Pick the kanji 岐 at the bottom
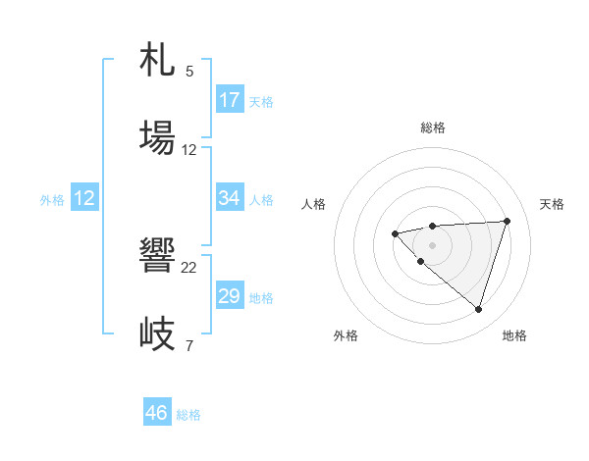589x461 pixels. coord(157,333)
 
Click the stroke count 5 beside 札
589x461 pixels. coord(189,72)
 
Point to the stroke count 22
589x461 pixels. coord(189,267)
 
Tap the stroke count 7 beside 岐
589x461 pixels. coord(189,345)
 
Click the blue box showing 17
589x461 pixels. coord(230,100)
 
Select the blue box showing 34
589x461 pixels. coord(230,198)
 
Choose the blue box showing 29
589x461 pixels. coord(230,296)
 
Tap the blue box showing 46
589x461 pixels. coord(157,413)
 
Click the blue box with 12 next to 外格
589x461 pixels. coord(84,198)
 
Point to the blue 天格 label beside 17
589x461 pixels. coord(261,102)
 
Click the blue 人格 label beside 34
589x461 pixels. coord(261,200)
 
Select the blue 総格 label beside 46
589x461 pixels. coord(188,415)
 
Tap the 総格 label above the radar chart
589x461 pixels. coord(432,128)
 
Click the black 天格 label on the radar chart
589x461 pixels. coord(553,204)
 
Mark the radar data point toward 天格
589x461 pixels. coord(507,221)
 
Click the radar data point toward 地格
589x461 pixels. coord(478,309)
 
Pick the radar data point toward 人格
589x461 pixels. coord(395,233)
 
